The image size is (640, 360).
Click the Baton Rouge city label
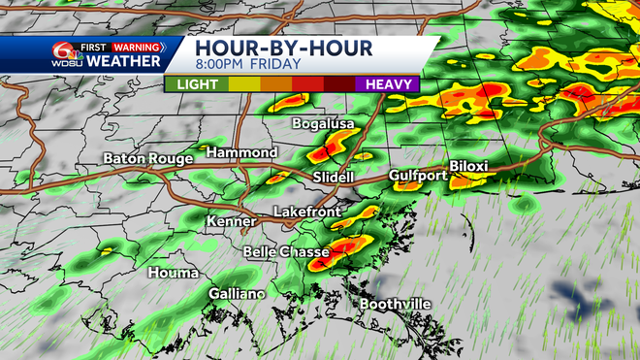click(x=144, y=158)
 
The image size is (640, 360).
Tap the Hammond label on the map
click(x=241, y=153)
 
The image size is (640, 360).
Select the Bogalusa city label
click(x=325, y=124)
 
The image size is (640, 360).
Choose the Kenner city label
click(x=231, y=222)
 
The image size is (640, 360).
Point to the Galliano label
click(x=236, y=294)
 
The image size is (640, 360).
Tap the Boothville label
click(x=396, y=305)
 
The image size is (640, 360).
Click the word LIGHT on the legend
click(x=196, y=84)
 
